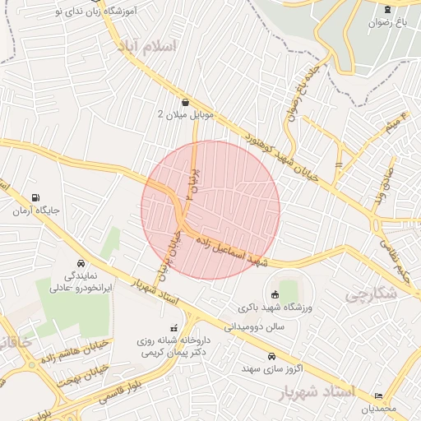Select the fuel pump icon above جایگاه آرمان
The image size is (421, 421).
coord(35,198)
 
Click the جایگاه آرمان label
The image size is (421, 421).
coord(36,211)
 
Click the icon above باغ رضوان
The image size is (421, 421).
coord(387,9)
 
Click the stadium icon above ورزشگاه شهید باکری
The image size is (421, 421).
coord(273,294)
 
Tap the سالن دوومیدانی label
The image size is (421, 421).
coord(257,326)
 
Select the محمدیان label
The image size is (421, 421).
coord(379,409)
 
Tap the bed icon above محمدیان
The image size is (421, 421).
coord(378,396)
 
